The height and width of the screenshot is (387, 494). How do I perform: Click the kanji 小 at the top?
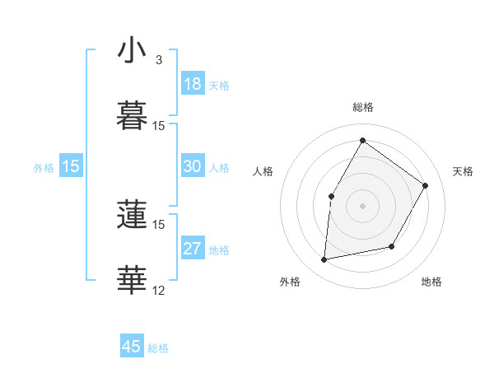[x=133, y=52]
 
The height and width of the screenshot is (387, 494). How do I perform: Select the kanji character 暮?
[x=133, y=116]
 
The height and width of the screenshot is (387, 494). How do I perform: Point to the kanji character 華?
[x=133, y=281]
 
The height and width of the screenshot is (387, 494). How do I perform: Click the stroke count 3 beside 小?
[x=159, y=60]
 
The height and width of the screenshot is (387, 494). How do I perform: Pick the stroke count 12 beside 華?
[x=159, y=290]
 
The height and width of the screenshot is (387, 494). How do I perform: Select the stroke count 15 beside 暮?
[x=159, y=125]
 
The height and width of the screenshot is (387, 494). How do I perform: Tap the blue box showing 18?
[x=193, y=84]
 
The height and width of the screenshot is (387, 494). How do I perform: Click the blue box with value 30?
[x=193, y=166]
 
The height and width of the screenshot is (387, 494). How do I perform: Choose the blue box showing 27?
[x=193, y=249]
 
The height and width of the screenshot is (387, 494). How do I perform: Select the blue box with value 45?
[x=132, y=347]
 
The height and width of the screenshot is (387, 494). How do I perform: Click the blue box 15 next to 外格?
[x=71, y=166]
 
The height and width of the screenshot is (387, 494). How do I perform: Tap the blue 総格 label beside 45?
[x=158, y=348]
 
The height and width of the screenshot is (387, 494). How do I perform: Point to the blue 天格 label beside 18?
[x=219, y=86]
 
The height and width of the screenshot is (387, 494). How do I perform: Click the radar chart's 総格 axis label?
[x=363, y=107]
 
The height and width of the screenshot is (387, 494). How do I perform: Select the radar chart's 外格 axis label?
[x=290, y=282]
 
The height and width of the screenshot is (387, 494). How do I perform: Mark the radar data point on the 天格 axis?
[x=425, y=185]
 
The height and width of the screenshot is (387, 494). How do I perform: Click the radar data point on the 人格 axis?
[x=332, y=196]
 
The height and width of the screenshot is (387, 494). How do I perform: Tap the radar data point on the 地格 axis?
[x=392, y=246]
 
